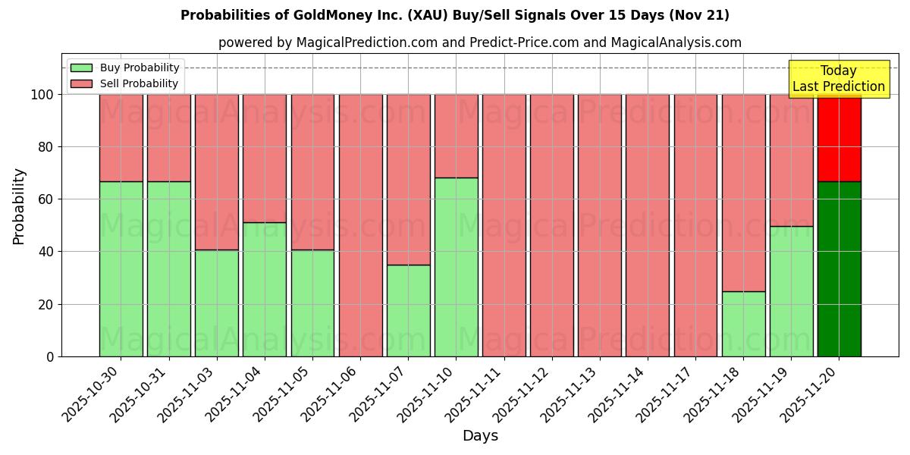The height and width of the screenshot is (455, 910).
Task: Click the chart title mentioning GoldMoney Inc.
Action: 454,15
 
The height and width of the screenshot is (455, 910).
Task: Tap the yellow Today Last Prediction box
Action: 838,79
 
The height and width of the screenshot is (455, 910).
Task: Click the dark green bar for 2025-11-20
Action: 839,269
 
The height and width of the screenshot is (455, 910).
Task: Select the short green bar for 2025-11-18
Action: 743,324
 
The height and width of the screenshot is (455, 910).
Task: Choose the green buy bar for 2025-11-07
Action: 408,311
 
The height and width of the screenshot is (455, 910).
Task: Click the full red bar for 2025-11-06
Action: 360,225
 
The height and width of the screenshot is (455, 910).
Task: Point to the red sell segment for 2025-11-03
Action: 216,172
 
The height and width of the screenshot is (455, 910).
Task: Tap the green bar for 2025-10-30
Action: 121,269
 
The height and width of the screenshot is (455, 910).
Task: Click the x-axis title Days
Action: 480,436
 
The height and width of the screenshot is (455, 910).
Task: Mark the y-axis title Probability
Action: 19,206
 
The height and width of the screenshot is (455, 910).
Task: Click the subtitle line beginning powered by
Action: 479,42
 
